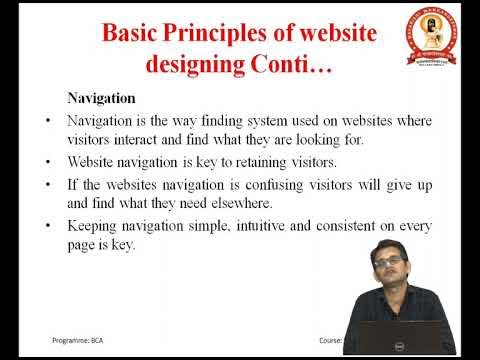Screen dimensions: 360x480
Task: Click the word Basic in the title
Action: (x=135, y=37)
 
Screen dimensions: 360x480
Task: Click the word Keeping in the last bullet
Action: (x=91, y=226)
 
